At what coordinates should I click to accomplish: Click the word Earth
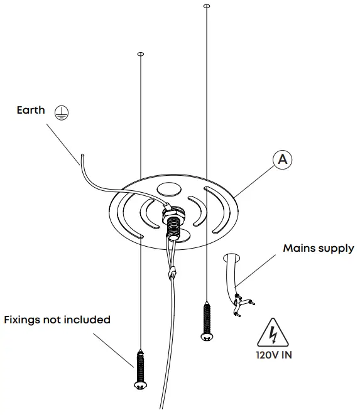[31, 110]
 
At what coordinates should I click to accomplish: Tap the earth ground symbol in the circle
[61, 112]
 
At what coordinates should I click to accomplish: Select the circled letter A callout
[283, 160]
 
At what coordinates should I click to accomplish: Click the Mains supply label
[318, 249]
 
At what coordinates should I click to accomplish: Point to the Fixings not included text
[57, 320]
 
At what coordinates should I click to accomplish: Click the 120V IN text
[274, 354]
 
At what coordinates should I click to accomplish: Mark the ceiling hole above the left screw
[140, 54]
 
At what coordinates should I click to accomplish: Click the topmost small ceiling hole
[206, 6]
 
